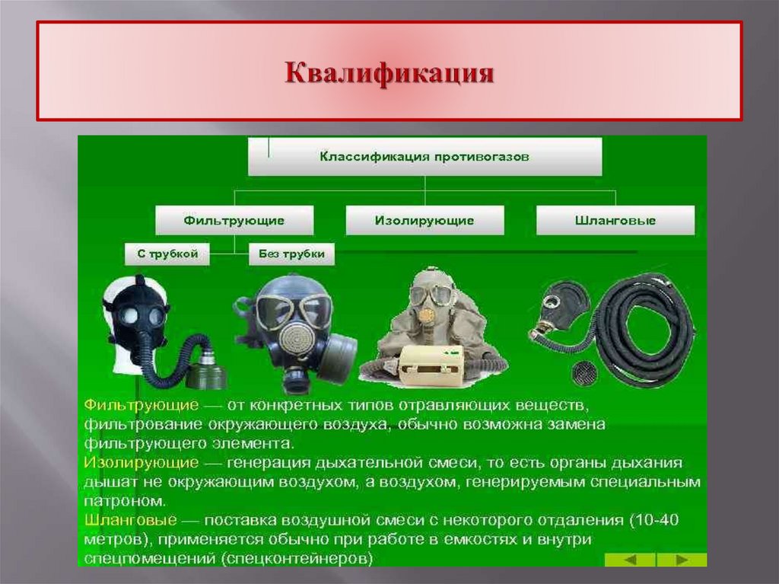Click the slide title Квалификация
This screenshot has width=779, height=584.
point(389,73)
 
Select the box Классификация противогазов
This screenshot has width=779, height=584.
point(424,157)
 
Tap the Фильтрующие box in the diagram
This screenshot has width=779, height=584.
point(234,221)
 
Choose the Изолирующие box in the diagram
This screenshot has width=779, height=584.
point(424,221)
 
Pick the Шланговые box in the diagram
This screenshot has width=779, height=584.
point(615,221)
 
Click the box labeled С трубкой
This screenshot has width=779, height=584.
point(162,254)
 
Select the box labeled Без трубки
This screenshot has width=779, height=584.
point(291,254)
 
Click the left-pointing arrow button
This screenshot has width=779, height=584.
point(630,560)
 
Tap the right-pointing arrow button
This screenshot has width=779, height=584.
point(682,560)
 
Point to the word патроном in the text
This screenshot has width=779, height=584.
point(124,502)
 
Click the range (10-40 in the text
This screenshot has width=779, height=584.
point(652,521)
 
